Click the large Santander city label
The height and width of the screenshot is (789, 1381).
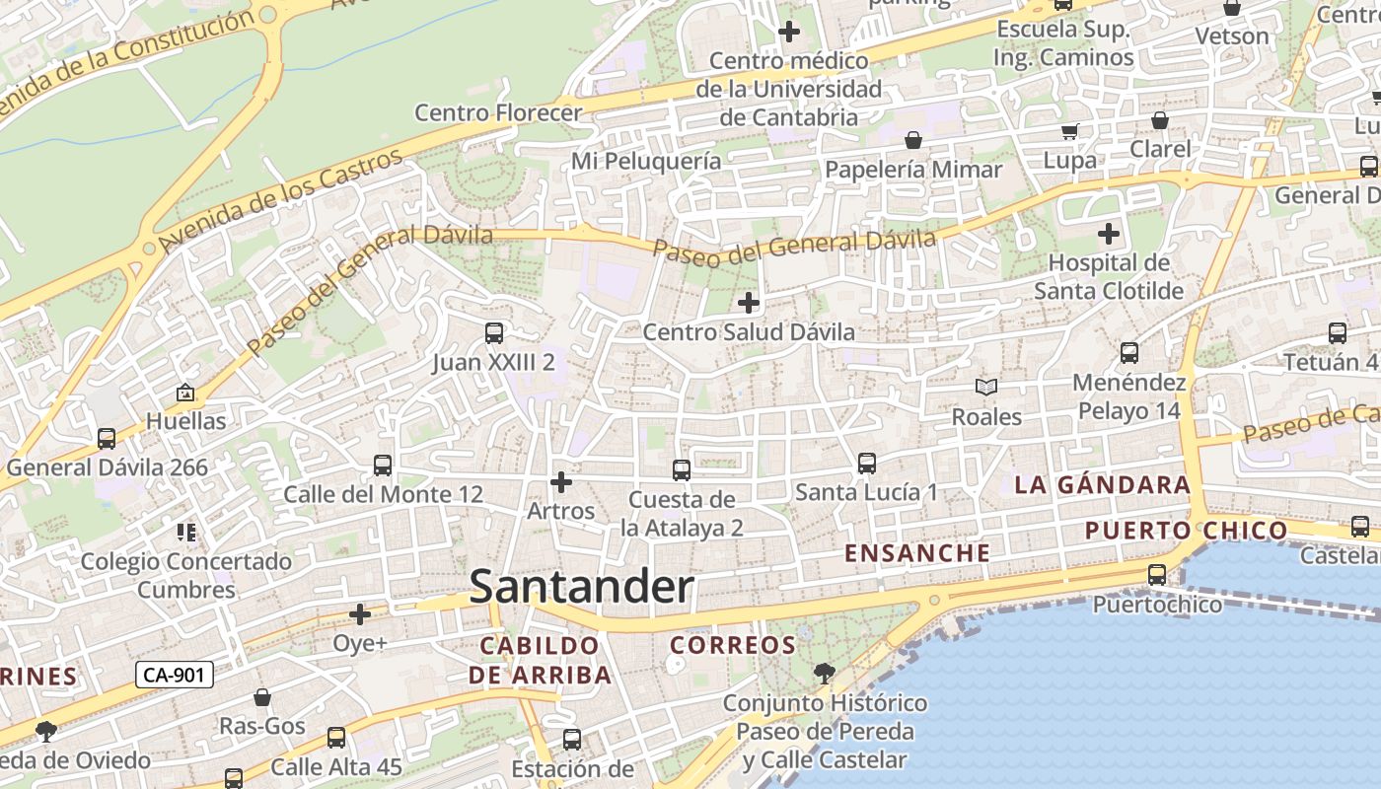click(582, 587)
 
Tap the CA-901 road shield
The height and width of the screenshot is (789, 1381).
click(174, 676)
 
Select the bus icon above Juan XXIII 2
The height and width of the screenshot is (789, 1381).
click(494, 333)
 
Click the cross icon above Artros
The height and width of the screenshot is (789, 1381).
click(561, 482)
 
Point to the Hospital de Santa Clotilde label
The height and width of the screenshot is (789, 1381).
click(1109, 277)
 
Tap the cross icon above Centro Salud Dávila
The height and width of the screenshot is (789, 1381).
click(749, 302)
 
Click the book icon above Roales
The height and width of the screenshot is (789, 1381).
click(986, 388)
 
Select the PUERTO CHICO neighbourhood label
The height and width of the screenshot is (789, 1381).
click(1187, 531)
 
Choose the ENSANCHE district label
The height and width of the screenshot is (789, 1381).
click(917, 553)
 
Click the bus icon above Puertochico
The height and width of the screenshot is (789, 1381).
click(1157, 574)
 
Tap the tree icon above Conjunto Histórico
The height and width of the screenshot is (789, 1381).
click(824, 674)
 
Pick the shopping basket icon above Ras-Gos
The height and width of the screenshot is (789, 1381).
click(262, 697)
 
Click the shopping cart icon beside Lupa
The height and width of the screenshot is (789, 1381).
click(1069, 131)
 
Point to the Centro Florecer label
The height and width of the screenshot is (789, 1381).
click(498, 112)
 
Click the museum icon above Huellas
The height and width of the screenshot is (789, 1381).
click(184, 393)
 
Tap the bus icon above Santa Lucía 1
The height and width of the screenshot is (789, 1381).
click(867, 463)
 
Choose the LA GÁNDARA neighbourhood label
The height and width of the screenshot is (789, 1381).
click(1103, 485)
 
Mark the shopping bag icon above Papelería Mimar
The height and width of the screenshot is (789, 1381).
click(913, 140)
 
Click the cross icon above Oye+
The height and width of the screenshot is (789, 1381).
click(360, 615)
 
